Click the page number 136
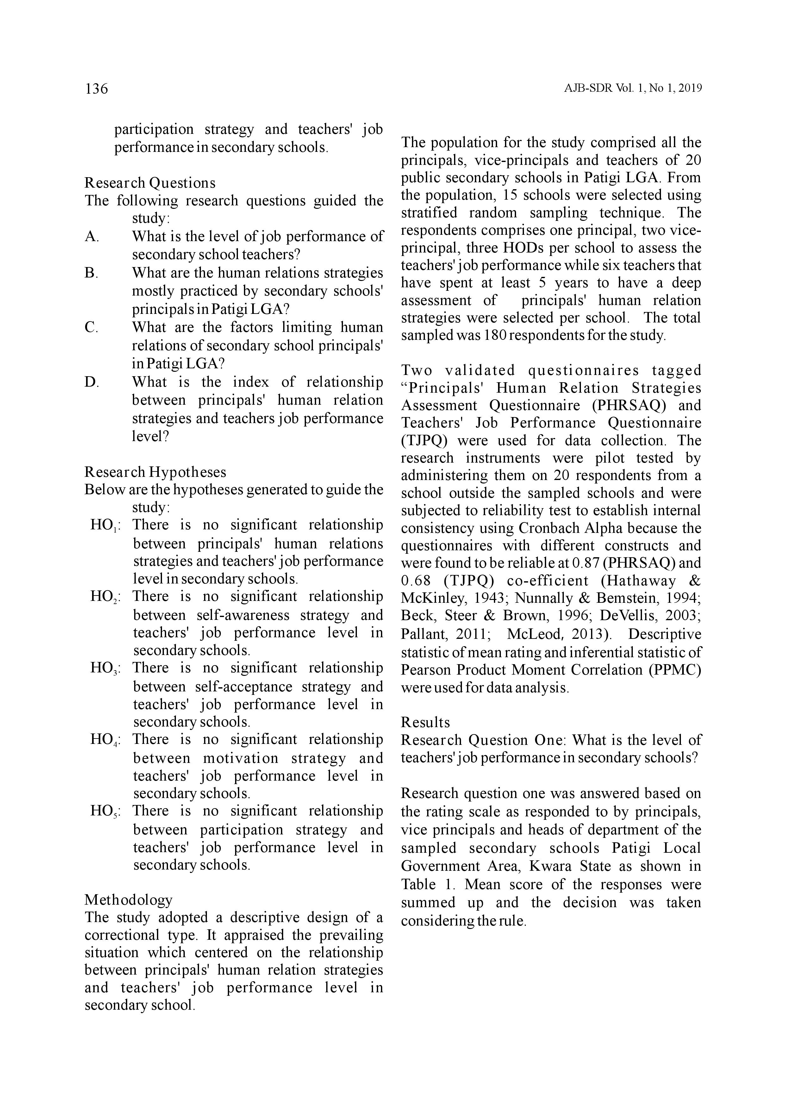point(96,89)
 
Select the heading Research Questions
point(150,183)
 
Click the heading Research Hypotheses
point(155,472)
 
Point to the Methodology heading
point(128,900)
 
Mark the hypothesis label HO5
point(105,812)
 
